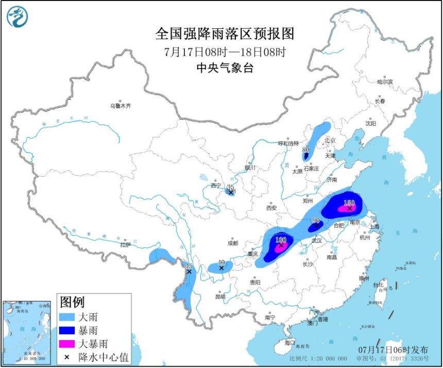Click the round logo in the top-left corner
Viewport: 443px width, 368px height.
pyautogui.click(x=18, y=16)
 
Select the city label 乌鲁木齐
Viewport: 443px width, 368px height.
pyautogui.click(x=120, y=106)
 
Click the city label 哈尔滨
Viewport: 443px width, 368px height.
pyautogui.click(x=384, y=82)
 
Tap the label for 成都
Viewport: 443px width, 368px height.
pyautogui.click(x=232, y=243)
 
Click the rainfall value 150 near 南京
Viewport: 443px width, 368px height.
pyautogui.click(x=349, y=203)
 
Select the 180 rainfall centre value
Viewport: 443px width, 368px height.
pyautogui.click(x=281, y=240)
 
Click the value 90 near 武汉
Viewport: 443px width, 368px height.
pyautogui.click(x=316, y=220)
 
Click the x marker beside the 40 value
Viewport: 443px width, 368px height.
pyautogui.click(x=221, y=268)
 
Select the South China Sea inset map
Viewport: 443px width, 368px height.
pyautogui.click(x=27, y=330)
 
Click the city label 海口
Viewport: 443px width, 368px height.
pyautogui.click(x=290, y=342)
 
